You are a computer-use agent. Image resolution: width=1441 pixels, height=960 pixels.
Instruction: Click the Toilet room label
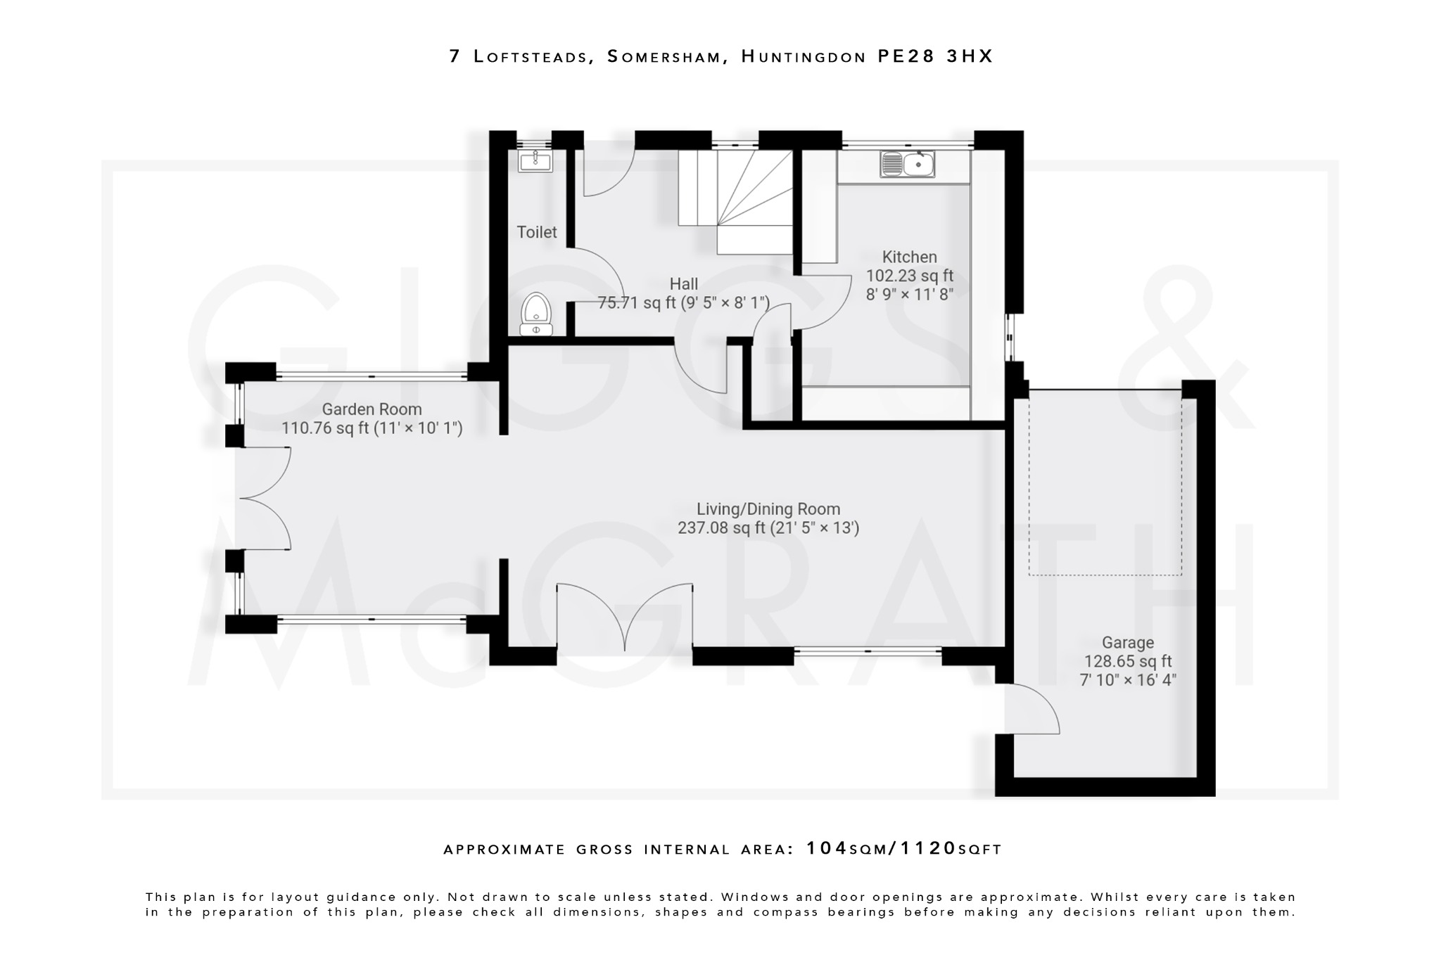[536, 232]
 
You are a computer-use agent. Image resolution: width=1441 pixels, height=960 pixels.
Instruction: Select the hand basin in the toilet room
[535, 160]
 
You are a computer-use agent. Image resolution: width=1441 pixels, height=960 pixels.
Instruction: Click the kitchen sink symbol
[907, 165]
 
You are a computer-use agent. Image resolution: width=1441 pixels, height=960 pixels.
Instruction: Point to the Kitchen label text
[909, 257]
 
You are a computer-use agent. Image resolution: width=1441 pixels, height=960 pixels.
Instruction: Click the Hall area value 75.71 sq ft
[637, 303]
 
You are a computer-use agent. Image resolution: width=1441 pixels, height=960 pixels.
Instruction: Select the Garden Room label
[372, 409]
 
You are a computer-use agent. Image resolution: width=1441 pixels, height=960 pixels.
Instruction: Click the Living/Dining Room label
[768, 509]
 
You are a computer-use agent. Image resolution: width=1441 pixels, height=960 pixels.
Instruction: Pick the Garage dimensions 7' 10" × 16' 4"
[1127, 680]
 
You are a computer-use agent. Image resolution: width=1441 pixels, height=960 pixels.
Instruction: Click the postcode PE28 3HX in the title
[935, 56]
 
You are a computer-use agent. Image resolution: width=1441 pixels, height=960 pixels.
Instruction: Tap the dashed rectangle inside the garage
[1105, 485]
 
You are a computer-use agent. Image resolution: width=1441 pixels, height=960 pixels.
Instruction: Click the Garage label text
[1127, 643]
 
